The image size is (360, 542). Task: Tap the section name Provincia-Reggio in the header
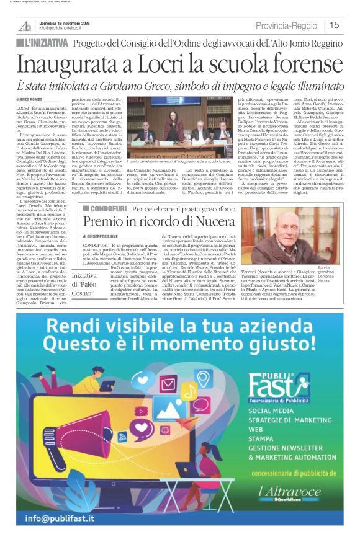[x=287, y=25]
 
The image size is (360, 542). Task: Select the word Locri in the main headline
[x=157, y=64]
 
